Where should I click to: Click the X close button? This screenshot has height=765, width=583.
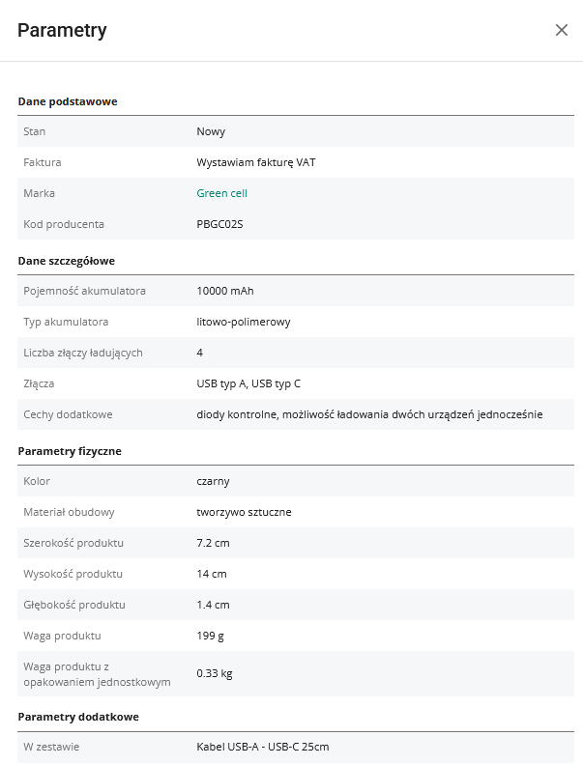[562, 30]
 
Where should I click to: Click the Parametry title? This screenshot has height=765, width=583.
[62, 30]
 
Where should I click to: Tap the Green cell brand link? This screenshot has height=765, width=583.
[221, 193]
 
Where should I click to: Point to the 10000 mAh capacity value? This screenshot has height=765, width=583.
[224, 291]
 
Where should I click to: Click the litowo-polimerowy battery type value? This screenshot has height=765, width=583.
[243, 322]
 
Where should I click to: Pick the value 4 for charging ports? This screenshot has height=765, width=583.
[200, 353]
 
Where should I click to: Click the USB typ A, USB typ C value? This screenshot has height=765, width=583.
[248, 383]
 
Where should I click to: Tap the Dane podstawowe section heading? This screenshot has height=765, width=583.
[68, 101]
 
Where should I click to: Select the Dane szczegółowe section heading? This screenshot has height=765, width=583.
[67, 261]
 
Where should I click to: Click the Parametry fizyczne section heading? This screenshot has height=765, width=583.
[70, 451]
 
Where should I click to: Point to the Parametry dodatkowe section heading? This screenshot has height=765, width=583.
[78, 717]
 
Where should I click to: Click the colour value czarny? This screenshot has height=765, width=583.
[213, 481]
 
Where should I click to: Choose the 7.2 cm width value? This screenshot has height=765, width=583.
[213, 543]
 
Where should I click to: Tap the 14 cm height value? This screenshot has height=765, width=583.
[211, 574]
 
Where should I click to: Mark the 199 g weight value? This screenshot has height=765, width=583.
[211, 636]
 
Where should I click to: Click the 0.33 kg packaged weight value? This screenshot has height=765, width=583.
[215, 673]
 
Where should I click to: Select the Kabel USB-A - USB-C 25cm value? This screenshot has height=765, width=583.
[263, 747]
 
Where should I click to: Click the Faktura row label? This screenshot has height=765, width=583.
[43, 162]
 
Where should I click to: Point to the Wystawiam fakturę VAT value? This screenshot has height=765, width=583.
[255, 162]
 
